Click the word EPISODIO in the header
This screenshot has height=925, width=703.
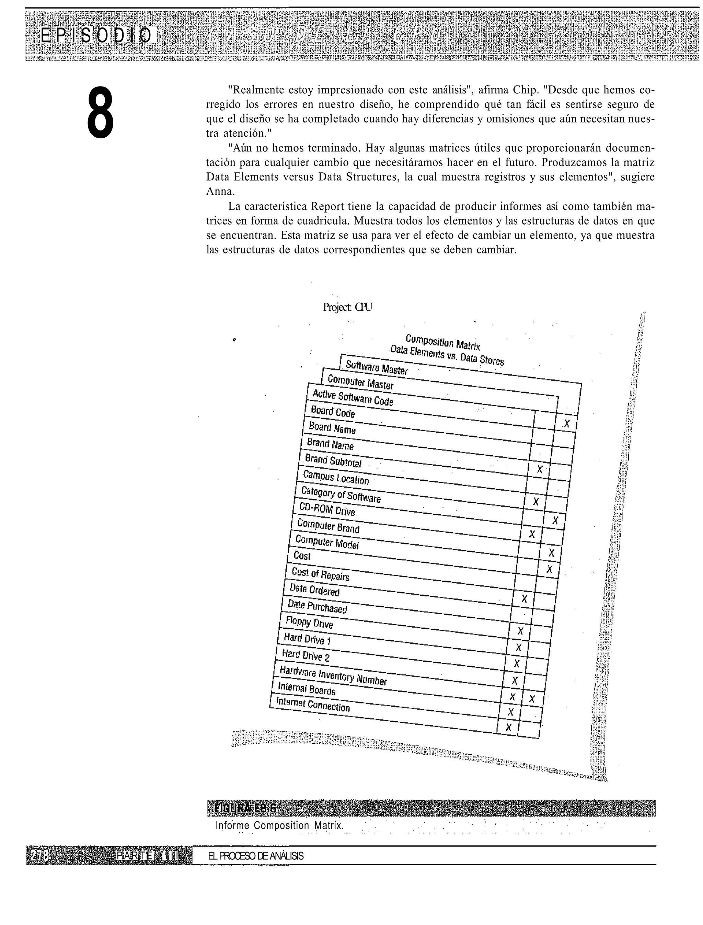[x=96, y=36]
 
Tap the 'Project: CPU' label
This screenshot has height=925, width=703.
[x=347, y=307]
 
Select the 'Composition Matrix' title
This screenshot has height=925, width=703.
[x=443, y=342]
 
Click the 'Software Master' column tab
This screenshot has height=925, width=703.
[x=377, y=367]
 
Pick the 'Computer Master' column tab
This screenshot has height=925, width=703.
[x=360, y=382]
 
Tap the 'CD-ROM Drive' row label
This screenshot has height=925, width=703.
[x=327, y=510]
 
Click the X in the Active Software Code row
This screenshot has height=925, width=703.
[x=567, y=424]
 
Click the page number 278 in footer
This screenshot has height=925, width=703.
[x=39, y=856]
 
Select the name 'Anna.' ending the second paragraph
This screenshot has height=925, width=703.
[x=220, y=192]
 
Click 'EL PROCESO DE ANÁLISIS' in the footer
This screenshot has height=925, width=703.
[x=256, y=856]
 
